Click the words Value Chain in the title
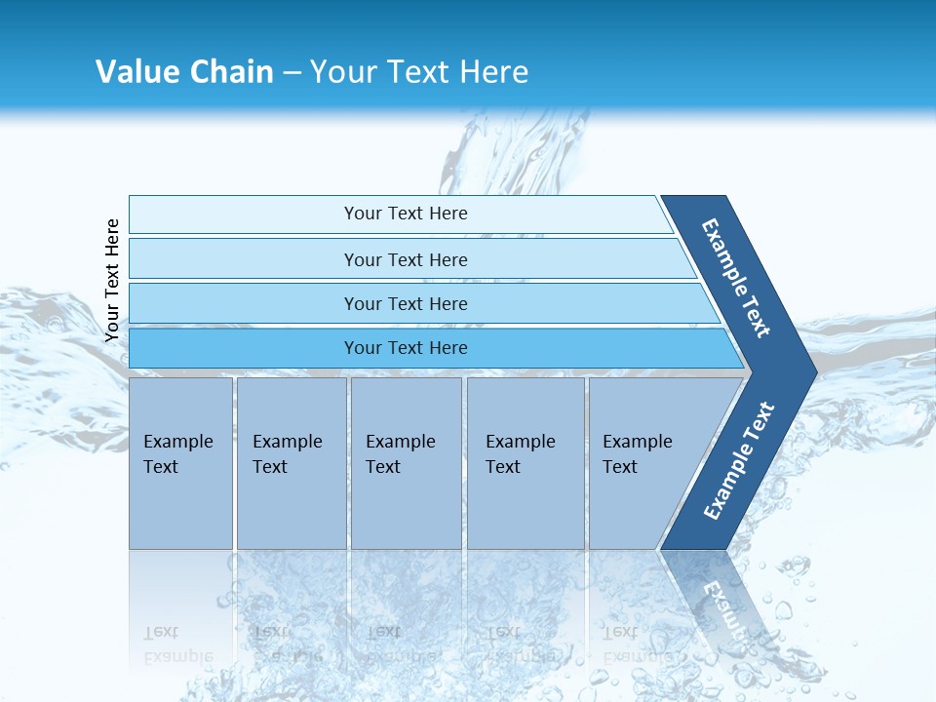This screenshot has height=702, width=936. click(x=184, y=71)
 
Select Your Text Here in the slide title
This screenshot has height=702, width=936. click(x=419, y=71)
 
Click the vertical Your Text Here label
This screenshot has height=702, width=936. click(x=112, y=280)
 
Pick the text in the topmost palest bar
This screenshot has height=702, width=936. click(x=406, y=214)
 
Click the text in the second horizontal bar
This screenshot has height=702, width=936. click(x=406, y=259)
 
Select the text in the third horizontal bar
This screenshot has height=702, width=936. click(x=406, y=303)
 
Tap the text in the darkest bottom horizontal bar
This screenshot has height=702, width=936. click(x=406, y=347)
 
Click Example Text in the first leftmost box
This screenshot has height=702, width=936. click(x=177, y=453)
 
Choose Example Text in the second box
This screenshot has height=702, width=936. click(x=287, y=453)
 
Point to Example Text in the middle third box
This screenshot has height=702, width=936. click(x=400, y=453)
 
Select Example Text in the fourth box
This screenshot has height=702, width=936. click(x=520, y=453)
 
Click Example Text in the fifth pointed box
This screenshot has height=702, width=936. click(x=637, y=453)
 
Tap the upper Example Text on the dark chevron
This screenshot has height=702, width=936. click(x=736, y=278)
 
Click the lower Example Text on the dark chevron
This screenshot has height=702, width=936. click(x=738, y=461)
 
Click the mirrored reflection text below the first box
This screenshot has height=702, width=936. click(x=177, y=643)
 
